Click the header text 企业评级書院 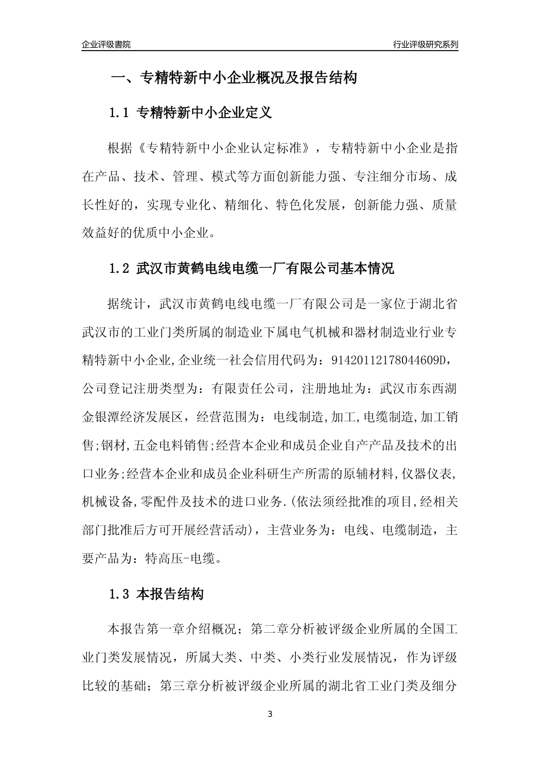pos(106,44)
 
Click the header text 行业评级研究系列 pos(425,44)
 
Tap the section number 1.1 pos(120,113)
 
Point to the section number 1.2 pos(120,268)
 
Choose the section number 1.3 pos(120,595)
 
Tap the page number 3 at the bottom pos(270,714)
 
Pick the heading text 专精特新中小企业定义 pos(205,113)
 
